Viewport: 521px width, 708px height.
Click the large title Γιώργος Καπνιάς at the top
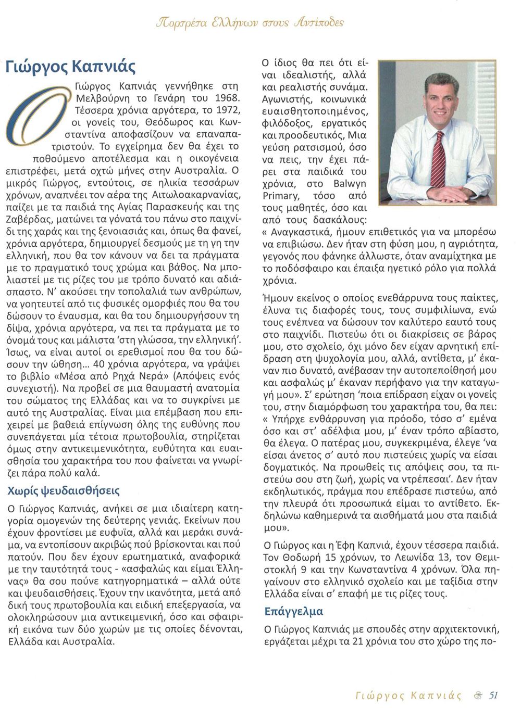tap(71, 67)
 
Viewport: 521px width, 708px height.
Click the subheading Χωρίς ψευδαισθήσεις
tap(64, 491)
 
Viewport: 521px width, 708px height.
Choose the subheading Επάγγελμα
tap(294, 611)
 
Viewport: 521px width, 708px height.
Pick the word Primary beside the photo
tap(281, 196)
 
